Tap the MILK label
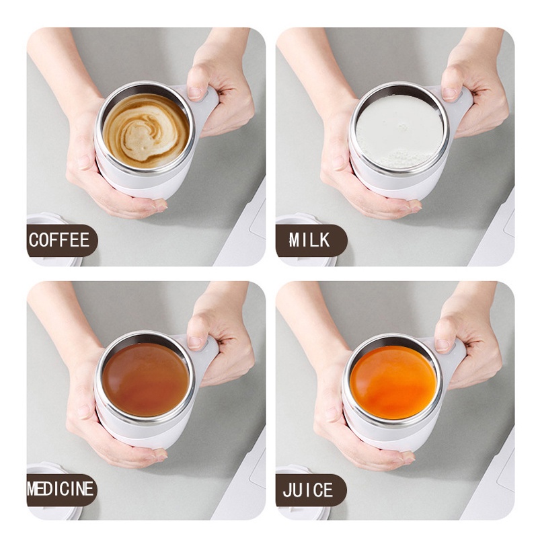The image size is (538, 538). pos(310,240)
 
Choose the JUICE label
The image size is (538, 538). pos(309,490)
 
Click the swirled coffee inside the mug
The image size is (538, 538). pos(145,130)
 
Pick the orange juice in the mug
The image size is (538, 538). pos(393,382)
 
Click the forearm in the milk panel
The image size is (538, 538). pos(316,67)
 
